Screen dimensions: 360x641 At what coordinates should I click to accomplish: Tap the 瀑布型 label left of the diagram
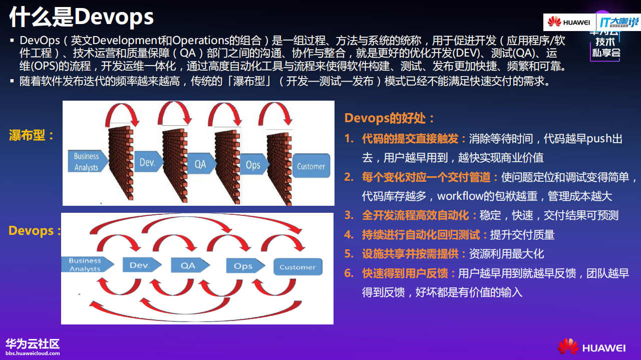(x=31, y=135)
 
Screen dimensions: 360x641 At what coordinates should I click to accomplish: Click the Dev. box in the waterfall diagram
(x=148, y=163)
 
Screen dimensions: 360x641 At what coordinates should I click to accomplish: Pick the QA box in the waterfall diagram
(x=201, y=164)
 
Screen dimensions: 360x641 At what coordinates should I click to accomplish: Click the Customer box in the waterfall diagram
(x=310, y=166)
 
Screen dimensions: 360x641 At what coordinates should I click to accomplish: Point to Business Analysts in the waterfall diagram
(x=87, y=161)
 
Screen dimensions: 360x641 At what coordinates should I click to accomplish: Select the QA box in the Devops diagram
(x=189, y=265)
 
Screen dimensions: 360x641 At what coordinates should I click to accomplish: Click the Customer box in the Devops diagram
(x=297, y=267)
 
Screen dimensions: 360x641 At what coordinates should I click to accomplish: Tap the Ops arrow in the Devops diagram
(x=244, y=266)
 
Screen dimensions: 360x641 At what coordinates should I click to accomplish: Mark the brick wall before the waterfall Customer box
(x=279, y=165)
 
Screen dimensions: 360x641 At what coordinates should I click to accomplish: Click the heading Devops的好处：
(x=389, y=118)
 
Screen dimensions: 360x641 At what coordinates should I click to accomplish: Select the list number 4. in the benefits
(x=349, y=234)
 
